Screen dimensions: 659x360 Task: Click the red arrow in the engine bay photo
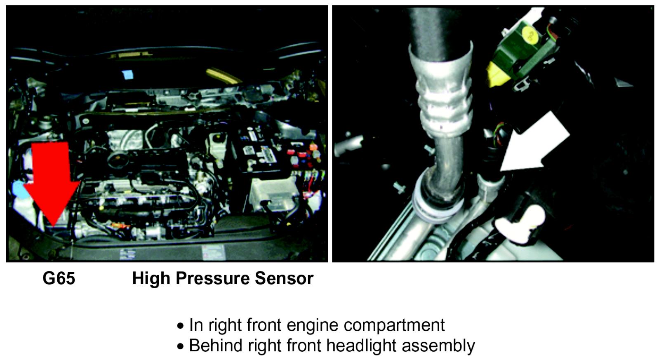pyautogui.click(x=52, y=182)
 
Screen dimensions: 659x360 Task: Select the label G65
pyautogui.click(x=59, y=278)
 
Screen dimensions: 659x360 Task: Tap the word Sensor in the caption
pyautogui.click(x=284, y=278)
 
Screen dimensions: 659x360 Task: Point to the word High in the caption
pyautogui.click(x=151, y=279)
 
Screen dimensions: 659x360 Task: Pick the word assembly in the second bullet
pyautogui.click(x=438, y=346)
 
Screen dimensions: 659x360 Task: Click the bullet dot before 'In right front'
pyautogui.click(x=180, y=326)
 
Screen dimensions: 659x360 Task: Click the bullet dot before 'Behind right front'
pyautogui.click(x=180, y=346)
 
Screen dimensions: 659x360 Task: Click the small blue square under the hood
pyautogui.click(x=128, y=75)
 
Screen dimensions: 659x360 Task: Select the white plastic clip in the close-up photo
pyautogui.click(x=521, y=225)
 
